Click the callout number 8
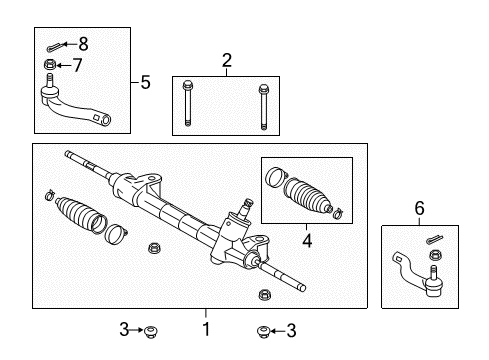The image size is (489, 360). pyautogui.click(x=83, y=44)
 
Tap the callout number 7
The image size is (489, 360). pyautogui.click(x=77, y=65)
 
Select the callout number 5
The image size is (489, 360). pyautogui.click(x=145, y=82)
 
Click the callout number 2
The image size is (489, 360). pyautogui.click(x=227, y=60)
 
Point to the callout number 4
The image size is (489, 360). pyautogui.click(x=307, y=240)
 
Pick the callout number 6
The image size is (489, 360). pyautogui.click(x=420, y=208)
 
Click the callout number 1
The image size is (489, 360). pyautogui.click(x=206, y=329)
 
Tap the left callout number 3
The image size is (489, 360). pyautogui.click(x=124, y=330)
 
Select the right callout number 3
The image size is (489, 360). pyautogui.click(x=291, y=331)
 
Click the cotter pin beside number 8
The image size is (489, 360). pyautogui.click(x=53, y=47)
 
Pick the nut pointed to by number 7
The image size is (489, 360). pyautogui.click(x=50, y=64)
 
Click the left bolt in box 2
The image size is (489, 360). pyautogui.click(x=187, y=104)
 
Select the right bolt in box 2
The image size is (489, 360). pyautogui.click(x=263, y=107)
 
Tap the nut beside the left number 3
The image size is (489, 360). pyautogui.click(x=151, y=332)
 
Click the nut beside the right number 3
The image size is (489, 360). pyautogui.click(x=263, y=332)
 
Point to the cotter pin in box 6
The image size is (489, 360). pyautogui.click(x=435, y=239)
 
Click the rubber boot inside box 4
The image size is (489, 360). pyautogui.click(x=307, y=196)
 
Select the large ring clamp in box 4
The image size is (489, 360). pyautogui.click(x=276, y=177)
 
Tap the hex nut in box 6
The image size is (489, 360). pyautogui.click(x=435, y=255)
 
